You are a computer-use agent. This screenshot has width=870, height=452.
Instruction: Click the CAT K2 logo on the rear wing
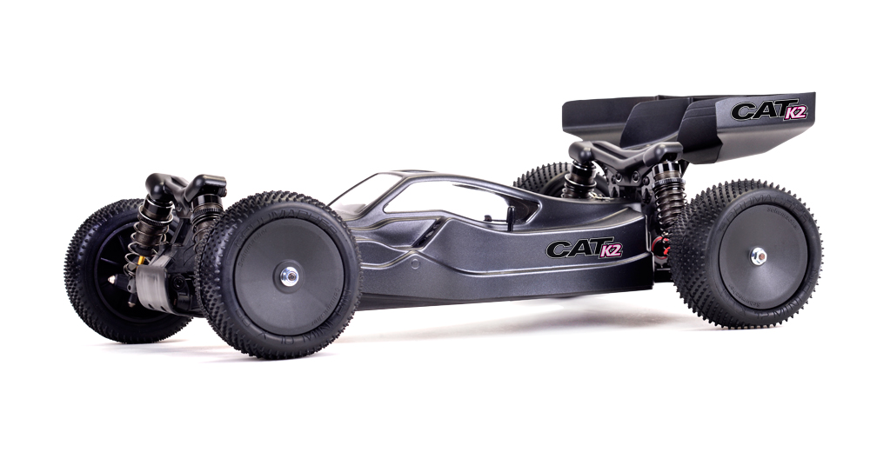(768, 110)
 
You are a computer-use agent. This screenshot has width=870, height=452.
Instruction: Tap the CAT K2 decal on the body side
(585, 249)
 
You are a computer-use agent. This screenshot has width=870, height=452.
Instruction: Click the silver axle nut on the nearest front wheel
(289, 276)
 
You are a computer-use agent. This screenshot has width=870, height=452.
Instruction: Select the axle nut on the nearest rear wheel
(758, 256)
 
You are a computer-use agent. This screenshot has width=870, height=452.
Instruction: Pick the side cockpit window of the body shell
(460, 202)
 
